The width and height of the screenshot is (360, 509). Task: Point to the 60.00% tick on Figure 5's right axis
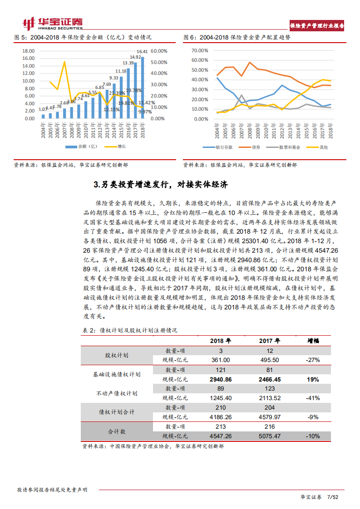click(x=159, y=51)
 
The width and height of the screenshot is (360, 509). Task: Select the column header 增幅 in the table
click(x=313, y=341)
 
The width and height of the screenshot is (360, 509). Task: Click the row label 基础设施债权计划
click(x=117, y=375)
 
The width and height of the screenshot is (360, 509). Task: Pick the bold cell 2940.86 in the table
click(x=220, y=379)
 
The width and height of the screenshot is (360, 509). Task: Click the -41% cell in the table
click(x=313, y=398)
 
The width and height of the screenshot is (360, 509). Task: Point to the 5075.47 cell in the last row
click(x=269, y=436)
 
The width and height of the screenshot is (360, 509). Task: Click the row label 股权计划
click(x=117, y=355)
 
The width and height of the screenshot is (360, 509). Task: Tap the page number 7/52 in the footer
click(x=334, y=497)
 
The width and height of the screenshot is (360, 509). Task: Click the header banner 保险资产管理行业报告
click(x=317, y=26)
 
